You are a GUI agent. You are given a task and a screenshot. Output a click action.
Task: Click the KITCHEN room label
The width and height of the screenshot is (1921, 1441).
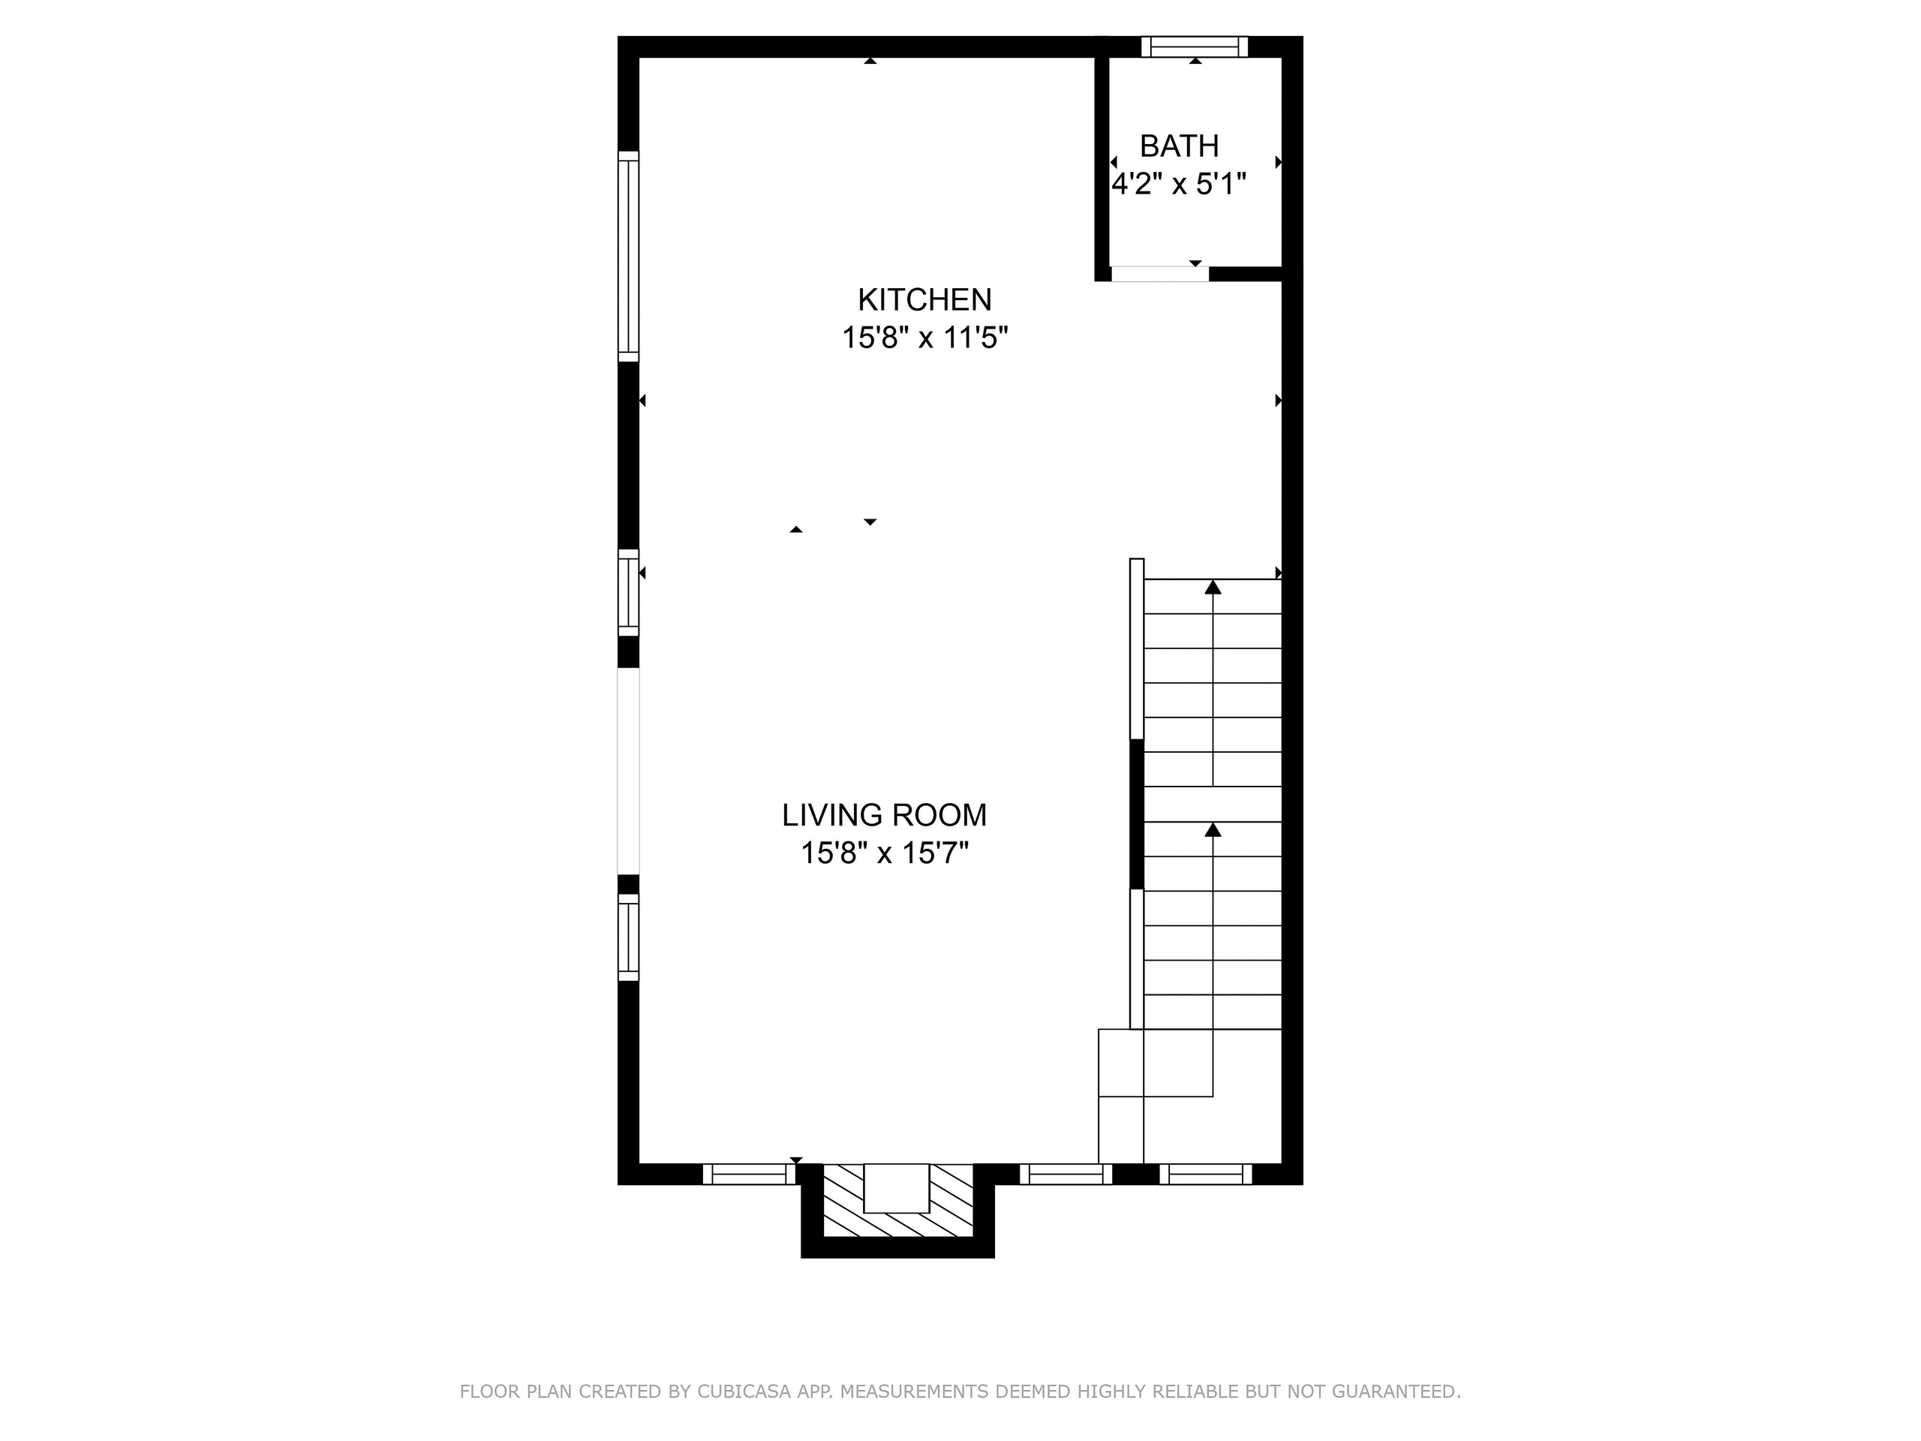pyautogui.click(x=925, y=299)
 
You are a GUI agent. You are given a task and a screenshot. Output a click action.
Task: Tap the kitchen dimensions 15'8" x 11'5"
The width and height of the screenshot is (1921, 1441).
pyautogui.click(x=925, y=337)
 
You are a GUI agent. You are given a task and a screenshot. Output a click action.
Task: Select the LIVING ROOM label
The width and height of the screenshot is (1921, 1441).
pyautogui.click(x=884, y=815)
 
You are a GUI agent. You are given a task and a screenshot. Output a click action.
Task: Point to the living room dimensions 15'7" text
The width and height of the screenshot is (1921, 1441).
pyautogui.click(x=935, y=853)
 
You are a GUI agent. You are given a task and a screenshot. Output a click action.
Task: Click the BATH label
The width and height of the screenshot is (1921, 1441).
pyautogui.click(x=1180, y=146)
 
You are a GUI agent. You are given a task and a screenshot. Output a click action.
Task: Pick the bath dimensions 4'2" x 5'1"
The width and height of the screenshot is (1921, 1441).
pyautogui.click(x=1180, y=184)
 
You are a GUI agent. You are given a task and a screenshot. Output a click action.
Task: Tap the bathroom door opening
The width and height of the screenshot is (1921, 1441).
pyautogui.click(x=1160, y=274)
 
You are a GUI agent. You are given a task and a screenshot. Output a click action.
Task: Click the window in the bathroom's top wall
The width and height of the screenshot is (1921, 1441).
pyautogui.click(x=1195, y=46)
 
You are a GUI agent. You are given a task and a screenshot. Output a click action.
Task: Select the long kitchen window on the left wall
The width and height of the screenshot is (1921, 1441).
pyautogui.click(x=629, y=256)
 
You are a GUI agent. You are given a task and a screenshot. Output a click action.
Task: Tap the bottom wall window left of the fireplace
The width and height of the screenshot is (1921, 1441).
pyautogui.click(x=749, y=1175)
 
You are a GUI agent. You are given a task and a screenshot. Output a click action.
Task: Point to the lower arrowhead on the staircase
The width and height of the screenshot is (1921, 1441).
pyautogui.click(x=1213, y=830)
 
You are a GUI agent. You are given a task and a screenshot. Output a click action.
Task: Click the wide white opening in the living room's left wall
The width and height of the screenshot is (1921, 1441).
pyautogui.click(x=629, y=771)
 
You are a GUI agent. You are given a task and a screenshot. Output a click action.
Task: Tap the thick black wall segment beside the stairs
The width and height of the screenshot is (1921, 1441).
pyautogui.click(x=1137, y=814)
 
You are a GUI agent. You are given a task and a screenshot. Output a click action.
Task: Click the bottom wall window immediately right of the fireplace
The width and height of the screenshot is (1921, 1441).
pyautogui.click(x=1066, y=1175)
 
